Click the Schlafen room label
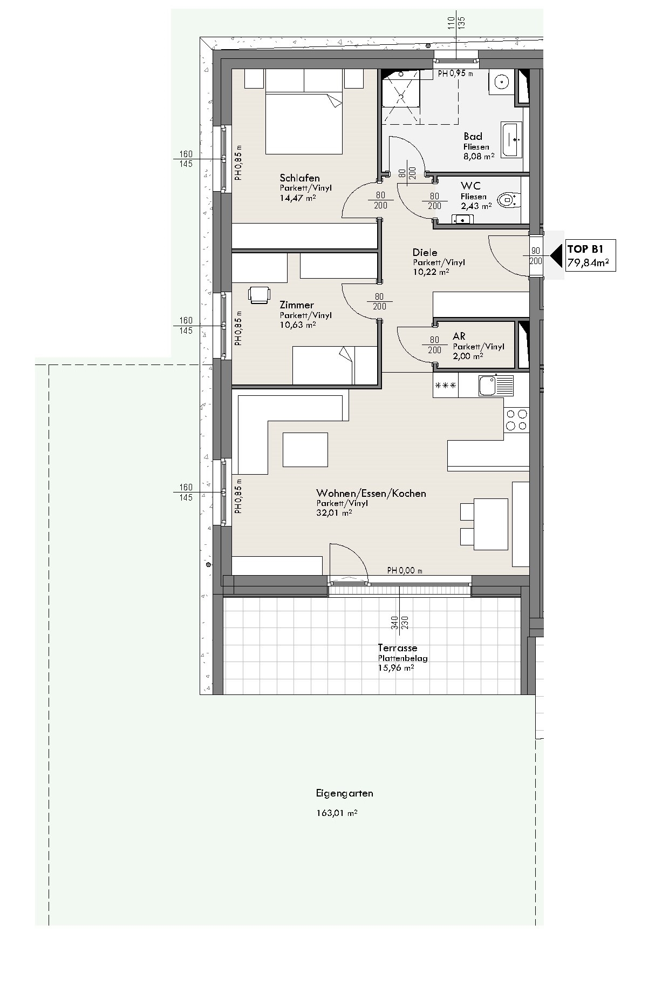(x=299, y=178)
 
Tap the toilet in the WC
(x=509, y=200)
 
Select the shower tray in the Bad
(x=400, y=97)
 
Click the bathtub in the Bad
(x=512, y=140)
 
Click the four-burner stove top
(x=516, y=420)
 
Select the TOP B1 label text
(x=585, y=249)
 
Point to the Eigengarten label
(x=344, y=794)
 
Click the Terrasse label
(x=397, y=648)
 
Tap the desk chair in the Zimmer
(x=259, y=295)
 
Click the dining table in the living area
(x=491, y=524)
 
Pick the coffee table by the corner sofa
(x=305, y=449)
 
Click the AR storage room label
(x=459, y=336)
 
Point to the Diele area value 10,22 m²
(x=431, y=272)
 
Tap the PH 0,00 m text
(x=405, y=570)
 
